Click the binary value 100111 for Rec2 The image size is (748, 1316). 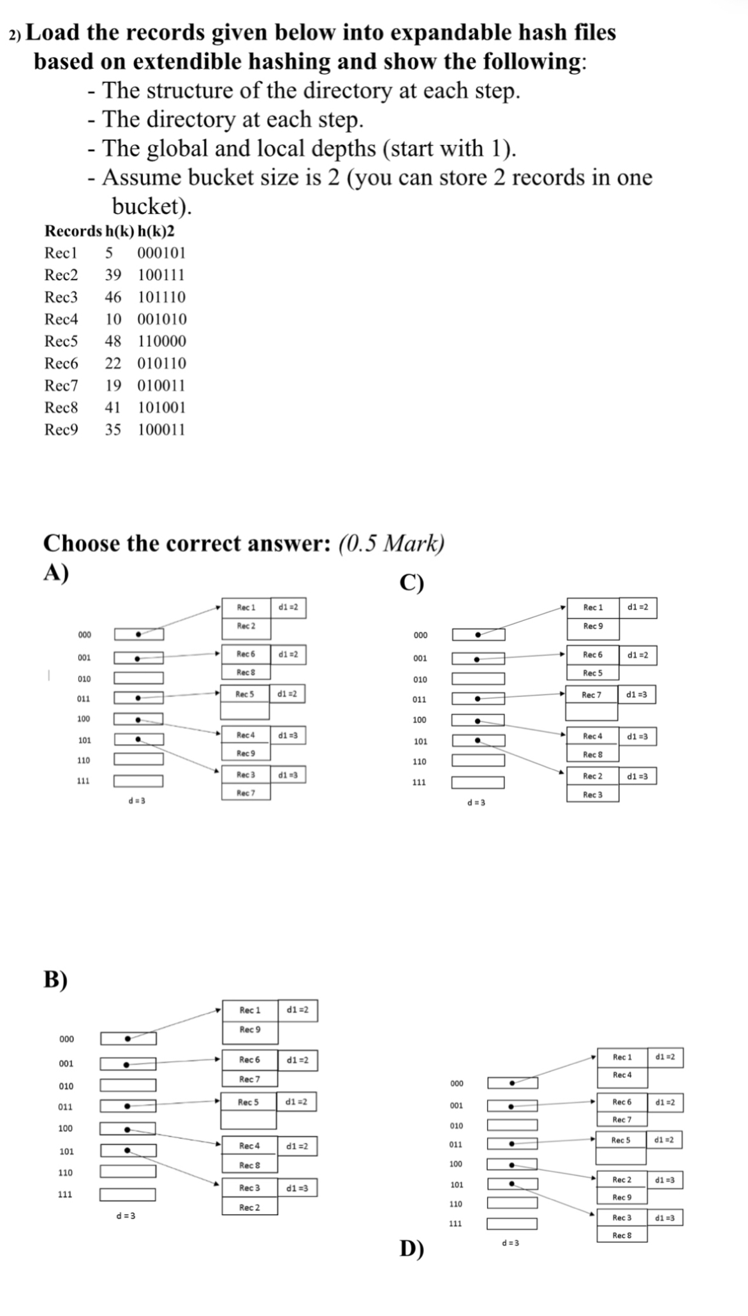coord(161,275)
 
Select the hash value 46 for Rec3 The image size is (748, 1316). coord(113,297)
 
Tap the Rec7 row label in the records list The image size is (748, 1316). coord(61,385)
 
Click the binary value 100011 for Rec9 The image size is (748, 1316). coord(161,430)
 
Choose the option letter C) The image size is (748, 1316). coord(411,583)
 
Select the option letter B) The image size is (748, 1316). coord(55,978)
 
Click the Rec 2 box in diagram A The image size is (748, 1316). coord(246,626)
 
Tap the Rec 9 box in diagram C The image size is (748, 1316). coord(592,626)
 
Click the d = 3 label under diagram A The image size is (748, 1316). coord(137,801)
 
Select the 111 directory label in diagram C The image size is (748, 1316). coord(420,782)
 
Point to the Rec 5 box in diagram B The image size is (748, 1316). coord(249,1102)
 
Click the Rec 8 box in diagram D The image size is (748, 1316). coord(622,1236)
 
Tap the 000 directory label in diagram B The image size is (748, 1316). coord(66,1039)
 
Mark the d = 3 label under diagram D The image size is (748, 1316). coord(510,1243)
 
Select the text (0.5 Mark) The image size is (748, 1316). coord(391,544)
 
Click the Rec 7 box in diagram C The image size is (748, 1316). coord(591,695)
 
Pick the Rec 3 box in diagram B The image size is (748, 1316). coord(249,1188)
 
